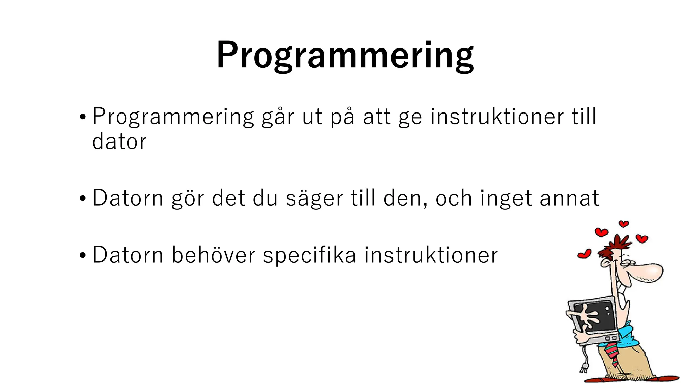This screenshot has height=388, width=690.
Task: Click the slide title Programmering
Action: [x=345, y=55]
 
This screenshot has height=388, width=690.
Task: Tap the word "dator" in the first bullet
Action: [x=119, y=141]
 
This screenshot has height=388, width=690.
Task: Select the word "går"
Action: [x=278, y=117]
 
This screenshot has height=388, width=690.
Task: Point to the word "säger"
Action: [x=314, y=198]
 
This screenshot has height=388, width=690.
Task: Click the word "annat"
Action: [x=569, y=198]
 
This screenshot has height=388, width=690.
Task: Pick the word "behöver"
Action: [x=213, y=255]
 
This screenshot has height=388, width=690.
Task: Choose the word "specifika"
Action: [x=309, y=255]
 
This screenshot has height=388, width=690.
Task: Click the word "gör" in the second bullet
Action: [x=188, y=199]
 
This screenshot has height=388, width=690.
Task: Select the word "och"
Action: [x=453, y=198]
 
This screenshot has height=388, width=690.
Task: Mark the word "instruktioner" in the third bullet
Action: [x=431, y=255]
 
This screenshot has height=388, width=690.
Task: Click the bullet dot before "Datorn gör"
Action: [x=83, y=199]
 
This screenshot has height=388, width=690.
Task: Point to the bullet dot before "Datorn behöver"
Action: [x=83, y=255]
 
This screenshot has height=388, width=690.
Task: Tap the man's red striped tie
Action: [x=612, y=354]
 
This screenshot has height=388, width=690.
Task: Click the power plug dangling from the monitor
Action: [x=584, y=367]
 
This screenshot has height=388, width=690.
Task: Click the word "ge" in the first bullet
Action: [x=410, y=117]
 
